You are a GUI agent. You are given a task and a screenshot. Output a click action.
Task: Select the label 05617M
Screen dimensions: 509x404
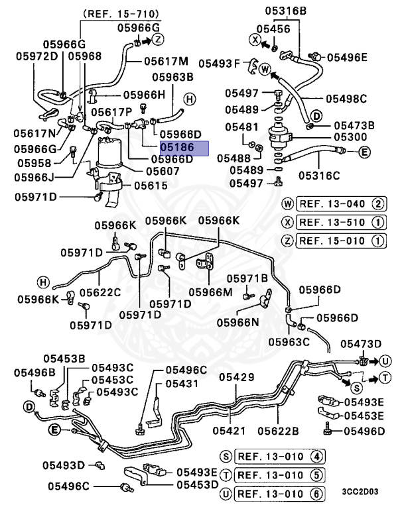(166, 62)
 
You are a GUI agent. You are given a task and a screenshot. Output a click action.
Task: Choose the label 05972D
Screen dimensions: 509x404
(37, 56)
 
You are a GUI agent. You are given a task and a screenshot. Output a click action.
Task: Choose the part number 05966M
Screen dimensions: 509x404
(210, 292)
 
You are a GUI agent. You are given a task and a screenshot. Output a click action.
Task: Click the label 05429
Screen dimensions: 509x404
(237, 377)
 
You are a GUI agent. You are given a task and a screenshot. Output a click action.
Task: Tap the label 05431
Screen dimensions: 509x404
(182, 384)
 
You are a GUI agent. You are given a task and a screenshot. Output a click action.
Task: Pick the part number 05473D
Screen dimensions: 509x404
(361, 343)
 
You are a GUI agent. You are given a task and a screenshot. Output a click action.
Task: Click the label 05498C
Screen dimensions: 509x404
(346, 99)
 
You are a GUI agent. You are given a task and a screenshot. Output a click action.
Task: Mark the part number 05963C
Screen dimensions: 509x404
(289, 341)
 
